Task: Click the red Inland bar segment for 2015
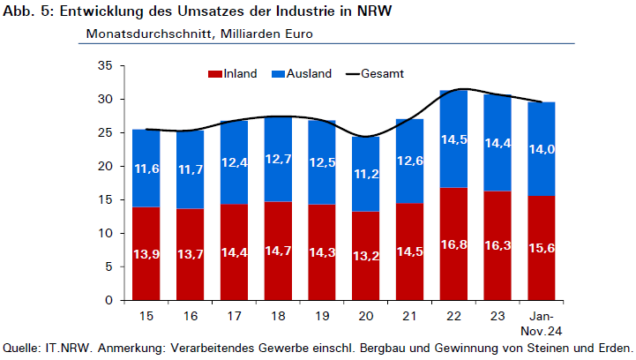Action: click(x=146, y=253)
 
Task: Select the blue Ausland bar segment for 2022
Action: click(x=453, y=139)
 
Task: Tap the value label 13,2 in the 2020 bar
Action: click(x=366, y=256)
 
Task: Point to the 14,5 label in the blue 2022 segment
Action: click(x=454, y=139)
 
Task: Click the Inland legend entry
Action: click(x=232, y=74)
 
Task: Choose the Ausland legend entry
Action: click(x=302, y=74)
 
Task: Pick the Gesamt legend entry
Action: click(x=375, y=74)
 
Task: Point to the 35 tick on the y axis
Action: click(x=105, y=66)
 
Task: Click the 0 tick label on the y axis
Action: click(x=108, y=300)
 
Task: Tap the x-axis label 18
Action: click(x=278, y=316)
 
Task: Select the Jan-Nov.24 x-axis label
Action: click(x=542, y=324)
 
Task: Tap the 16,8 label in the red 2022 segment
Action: click(x=454, y=244)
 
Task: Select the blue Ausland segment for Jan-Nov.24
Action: click(x=542, y=149)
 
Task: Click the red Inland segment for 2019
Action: click(x=322, y=252)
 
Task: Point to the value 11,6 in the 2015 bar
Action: click(x=146, y=169)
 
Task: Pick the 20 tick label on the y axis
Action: click(x=105, y=166)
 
